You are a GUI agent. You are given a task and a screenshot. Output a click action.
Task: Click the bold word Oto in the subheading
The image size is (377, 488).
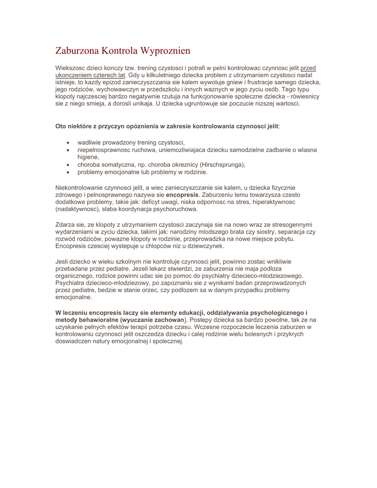pyautogui.click(x=61, y=127)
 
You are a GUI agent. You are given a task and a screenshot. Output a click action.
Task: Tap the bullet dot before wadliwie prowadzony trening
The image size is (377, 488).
pyautogui.click(x=69, y=142)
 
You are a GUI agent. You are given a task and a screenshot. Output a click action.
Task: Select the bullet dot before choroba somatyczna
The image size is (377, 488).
pyautogui.click(x=69, y=165)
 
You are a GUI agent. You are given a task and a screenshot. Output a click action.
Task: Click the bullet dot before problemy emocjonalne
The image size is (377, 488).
pyautogui.click(x=69, y=172)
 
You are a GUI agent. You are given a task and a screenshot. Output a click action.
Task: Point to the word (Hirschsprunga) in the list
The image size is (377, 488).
pyautogui.click(x=222, y=165)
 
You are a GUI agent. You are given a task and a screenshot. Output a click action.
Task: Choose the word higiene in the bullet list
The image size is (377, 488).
pyautogui.click(x=88, y=157)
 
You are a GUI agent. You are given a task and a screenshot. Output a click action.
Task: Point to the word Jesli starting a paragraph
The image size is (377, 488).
pyautogui.click(x=63, y=262)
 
